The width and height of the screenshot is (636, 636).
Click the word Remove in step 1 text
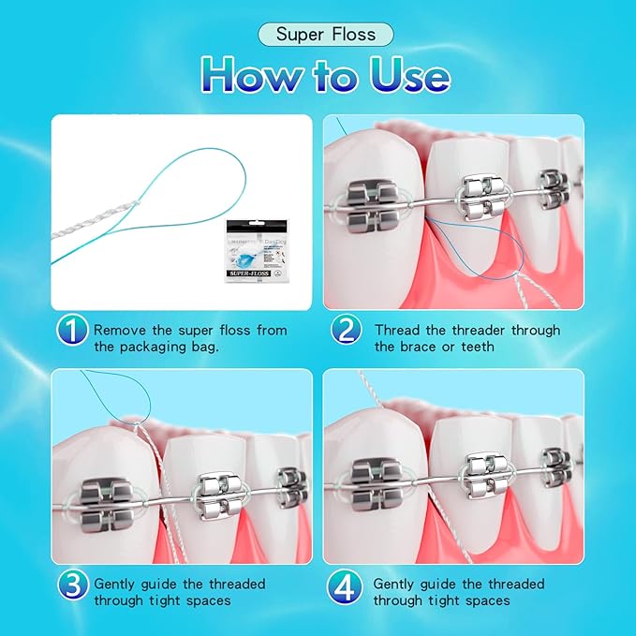[121, 331]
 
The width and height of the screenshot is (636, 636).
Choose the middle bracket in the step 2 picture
[485, 200]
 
